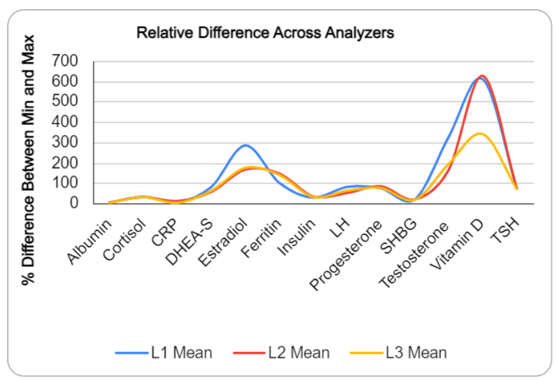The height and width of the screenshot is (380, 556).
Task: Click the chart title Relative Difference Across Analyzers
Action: [x=265, y=32]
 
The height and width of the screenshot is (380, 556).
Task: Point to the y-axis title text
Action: [x=28, y=159]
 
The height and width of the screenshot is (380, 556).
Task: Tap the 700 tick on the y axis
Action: [x=64, y=61]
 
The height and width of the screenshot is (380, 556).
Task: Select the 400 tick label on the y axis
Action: [x=64, y=123]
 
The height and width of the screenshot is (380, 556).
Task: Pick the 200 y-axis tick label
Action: [x=64, y=163]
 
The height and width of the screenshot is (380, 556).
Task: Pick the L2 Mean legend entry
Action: [x=280, y=352]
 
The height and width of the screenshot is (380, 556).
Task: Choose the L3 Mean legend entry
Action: [x=398, y=352]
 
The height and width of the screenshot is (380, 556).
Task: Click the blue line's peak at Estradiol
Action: [x=245, y=145]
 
